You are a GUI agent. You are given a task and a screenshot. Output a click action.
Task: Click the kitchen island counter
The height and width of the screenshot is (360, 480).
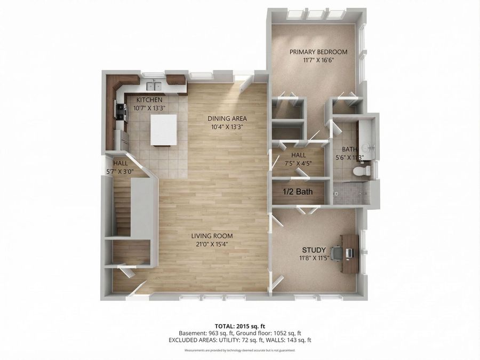164,130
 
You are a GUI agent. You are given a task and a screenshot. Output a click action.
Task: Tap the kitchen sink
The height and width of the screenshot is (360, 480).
155,85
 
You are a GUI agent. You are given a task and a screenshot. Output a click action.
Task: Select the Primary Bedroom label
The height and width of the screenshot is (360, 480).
318,52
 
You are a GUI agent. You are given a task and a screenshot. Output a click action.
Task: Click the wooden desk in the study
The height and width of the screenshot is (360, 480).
350,254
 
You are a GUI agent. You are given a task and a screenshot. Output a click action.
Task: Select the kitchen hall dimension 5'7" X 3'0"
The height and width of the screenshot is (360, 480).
119,172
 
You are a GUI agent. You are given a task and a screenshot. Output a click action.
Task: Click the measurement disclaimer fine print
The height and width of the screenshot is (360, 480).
239,350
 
